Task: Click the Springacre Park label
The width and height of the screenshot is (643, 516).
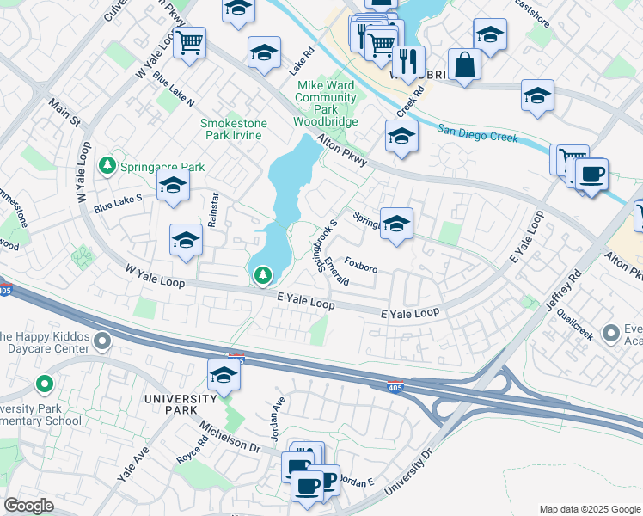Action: [x=162, y=166]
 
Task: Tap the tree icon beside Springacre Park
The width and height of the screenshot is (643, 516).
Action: [x=107, y=165]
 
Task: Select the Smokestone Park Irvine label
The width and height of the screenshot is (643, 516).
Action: [x=234, y=130]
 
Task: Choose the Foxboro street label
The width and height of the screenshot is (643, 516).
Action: [x=361, y=267]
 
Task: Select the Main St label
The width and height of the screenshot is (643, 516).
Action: [x=64, y=116]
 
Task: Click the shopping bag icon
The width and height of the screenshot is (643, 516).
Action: [x=464, y=65]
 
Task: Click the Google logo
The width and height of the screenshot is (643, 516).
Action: [x=29, y=506]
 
